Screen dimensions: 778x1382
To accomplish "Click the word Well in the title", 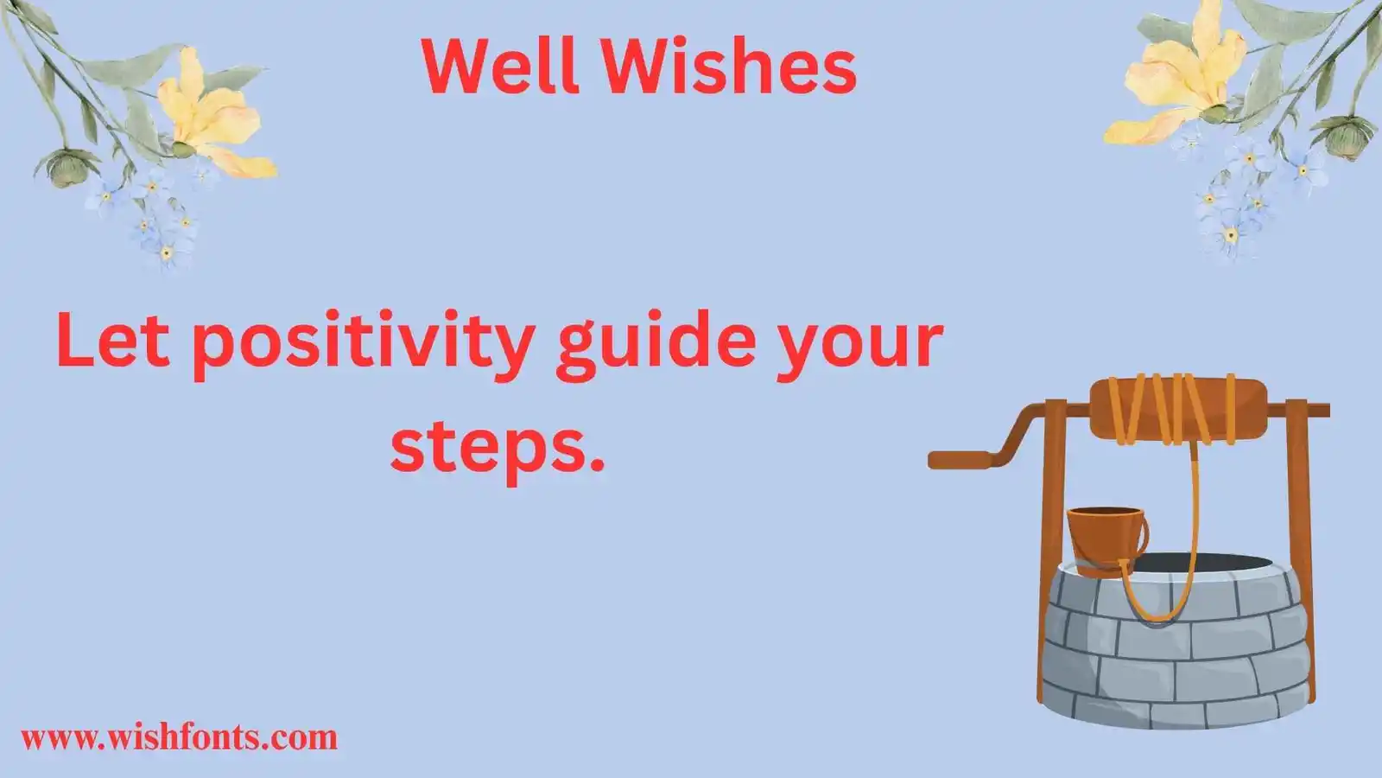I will tap(500, 67).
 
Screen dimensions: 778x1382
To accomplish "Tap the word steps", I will tap(497, 449).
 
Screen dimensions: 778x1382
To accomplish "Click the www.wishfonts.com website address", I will tap(179, 737).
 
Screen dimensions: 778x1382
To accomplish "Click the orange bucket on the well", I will tap(1106, 534).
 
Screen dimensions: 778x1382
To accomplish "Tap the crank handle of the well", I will tap(967, 457).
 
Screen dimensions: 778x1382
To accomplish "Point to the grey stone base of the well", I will tap(1175, 657).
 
